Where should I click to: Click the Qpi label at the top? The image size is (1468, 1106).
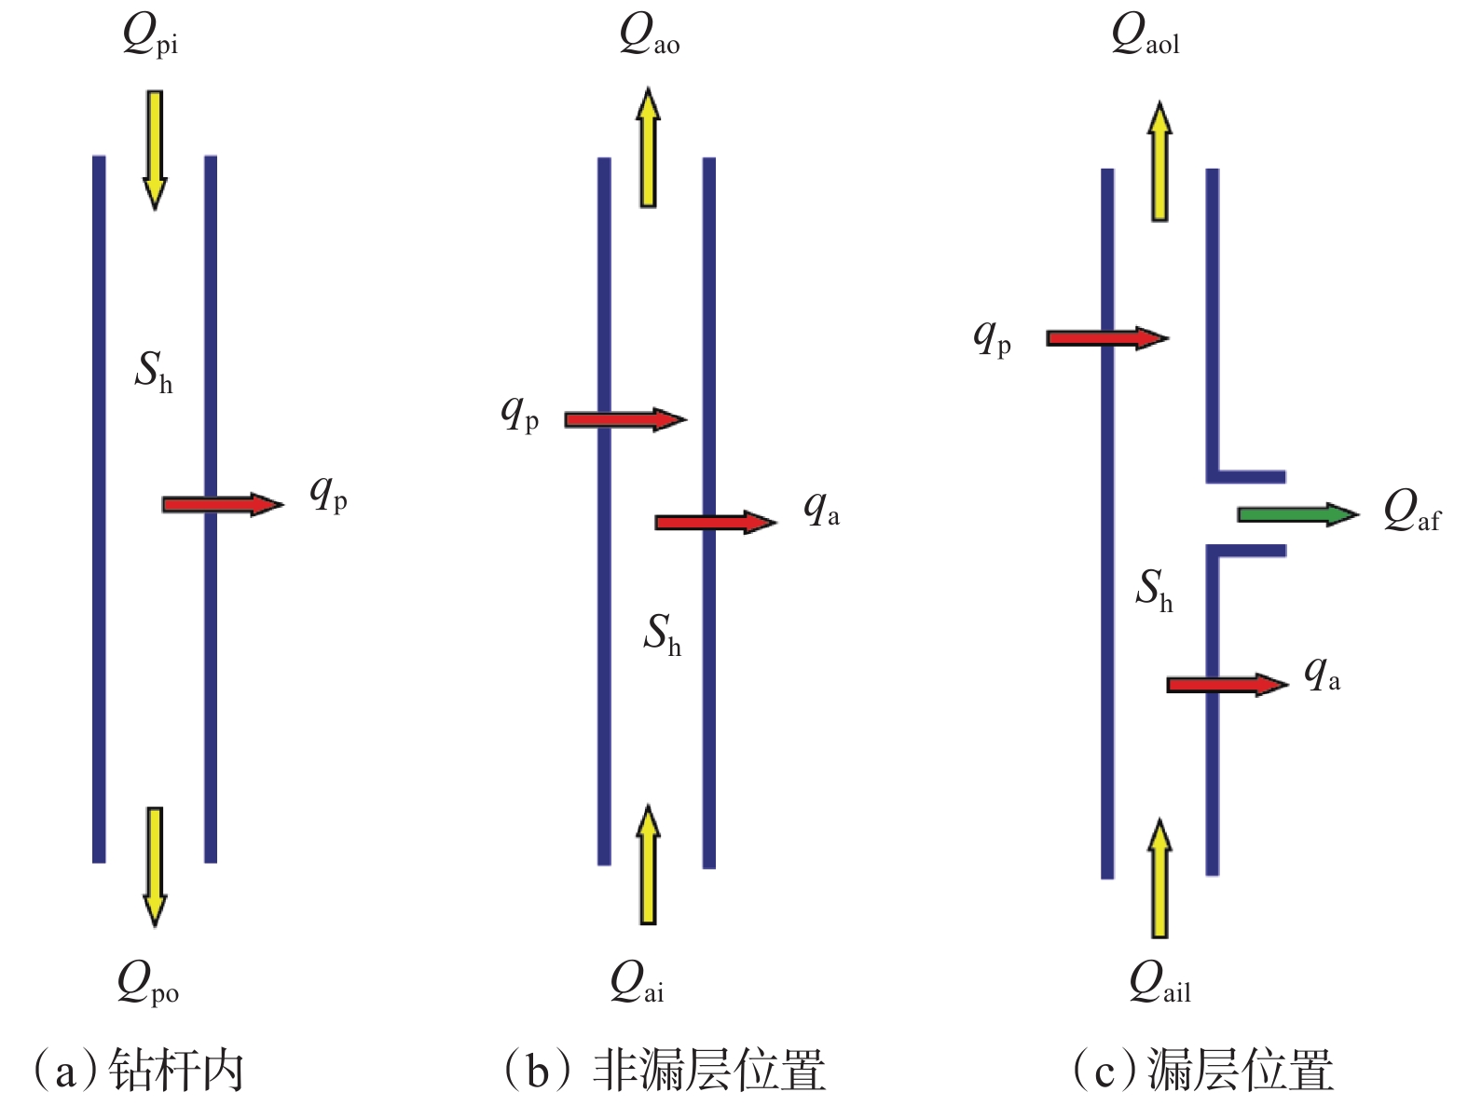(x=150, y=37)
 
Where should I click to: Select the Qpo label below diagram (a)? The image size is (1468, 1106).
(x=147, y=984)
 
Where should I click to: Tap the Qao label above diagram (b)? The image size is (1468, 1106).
(x=649, y=37)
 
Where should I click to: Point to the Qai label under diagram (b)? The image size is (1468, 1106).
(x=637, y=984)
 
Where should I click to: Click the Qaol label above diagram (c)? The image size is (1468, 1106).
(x=1145, y=37)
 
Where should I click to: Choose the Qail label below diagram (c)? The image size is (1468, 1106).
(x=1159, y=984)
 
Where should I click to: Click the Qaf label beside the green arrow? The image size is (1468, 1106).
(x=1411, y=512)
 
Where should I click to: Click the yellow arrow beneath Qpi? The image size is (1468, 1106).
(x=155, y=149)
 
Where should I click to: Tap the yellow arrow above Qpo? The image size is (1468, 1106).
(x=155, y=866)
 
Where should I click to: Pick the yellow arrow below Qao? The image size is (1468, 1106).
(x=648, y=147)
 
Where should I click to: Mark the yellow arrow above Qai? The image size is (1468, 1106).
(x=648, y=864)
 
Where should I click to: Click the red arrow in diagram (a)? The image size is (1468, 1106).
(x=222, y=504)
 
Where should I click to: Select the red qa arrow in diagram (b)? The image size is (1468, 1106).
(x=715, y=522)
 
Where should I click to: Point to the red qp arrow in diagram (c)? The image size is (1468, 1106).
(x=1106, y=338)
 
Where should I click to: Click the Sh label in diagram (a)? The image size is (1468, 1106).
(x=154, y=372)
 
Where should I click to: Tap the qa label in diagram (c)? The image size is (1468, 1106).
(x=1322, y=673)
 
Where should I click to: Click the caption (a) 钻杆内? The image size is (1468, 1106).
(x=139, y=1070)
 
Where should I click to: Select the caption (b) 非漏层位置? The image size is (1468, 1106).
(x=664, y=1070)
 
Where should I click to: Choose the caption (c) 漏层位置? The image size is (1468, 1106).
(x=1203, y=1070)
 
